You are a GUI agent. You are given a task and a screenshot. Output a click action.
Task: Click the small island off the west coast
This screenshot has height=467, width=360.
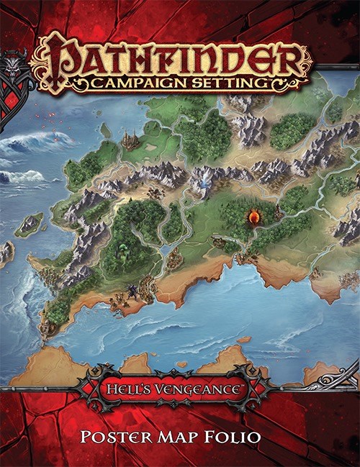(x=30, y=224)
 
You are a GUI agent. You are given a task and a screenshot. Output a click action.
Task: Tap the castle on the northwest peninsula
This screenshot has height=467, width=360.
(x=130, y=138)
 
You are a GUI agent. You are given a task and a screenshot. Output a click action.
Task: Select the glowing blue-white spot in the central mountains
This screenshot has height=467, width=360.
(x=204, y=174)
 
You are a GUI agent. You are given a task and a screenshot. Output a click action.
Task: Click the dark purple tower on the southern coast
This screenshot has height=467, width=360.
(x=134, y=290)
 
